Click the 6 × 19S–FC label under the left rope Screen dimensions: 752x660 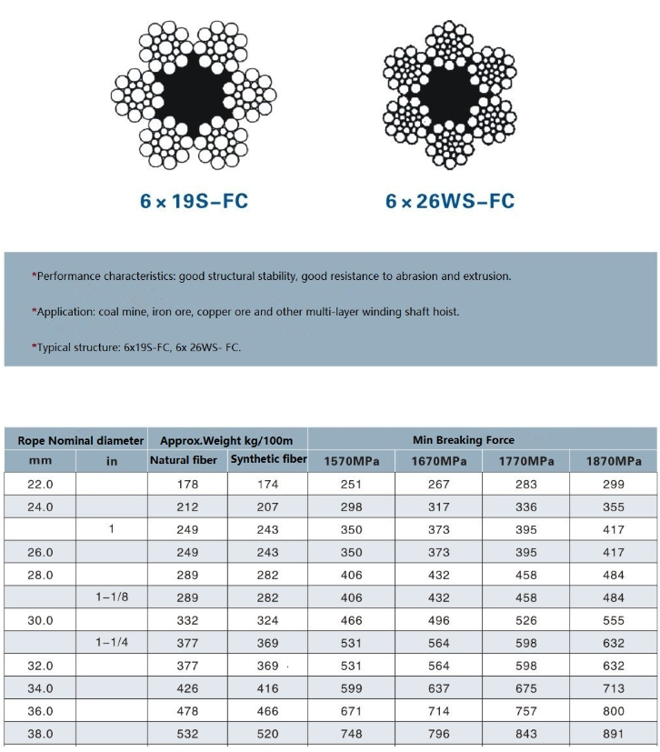[x=194, y=201]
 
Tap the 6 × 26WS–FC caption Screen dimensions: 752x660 [x=450, y=201]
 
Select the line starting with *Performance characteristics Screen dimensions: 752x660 [x=271, y=276]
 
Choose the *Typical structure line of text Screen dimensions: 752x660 [x=136, y=347]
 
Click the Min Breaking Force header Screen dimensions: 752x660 [x=463, y=440]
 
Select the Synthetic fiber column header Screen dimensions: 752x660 [x=268, y=459]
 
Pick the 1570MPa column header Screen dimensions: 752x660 [x=352, y=462]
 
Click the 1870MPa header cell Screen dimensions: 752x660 [x=614, y=462]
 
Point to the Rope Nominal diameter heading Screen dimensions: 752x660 [x=81, y=440]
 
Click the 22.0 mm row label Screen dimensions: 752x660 [x=41, y=485]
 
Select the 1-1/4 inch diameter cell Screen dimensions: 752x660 [x=112, y=643]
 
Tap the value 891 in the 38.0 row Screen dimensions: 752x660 [x=614, y=734]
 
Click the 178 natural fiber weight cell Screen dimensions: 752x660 [x=187, y=485]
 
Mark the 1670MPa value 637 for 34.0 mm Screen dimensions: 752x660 [x=439, y=688]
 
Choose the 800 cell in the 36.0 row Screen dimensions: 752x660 [x=614, y=711]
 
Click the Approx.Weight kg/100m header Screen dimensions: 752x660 [x=226, y=440]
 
